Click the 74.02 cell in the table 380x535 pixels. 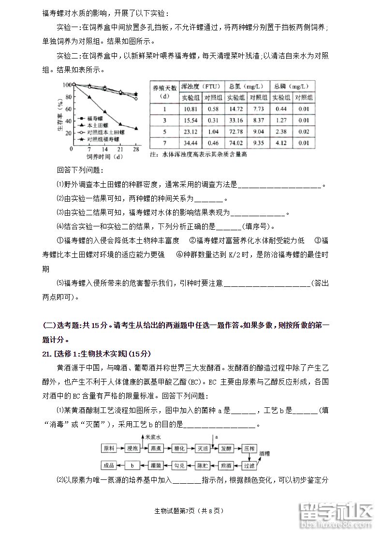(235, 143)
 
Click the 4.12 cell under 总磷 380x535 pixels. (281, 143)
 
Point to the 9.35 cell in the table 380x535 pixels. (259, 143)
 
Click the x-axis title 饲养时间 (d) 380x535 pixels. (104, 157)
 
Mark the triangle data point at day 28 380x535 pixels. (136, 129)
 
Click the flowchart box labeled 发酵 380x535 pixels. (226, 448)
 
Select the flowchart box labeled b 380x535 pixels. (132, 466)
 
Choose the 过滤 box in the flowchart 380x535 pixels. (249, 466)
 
